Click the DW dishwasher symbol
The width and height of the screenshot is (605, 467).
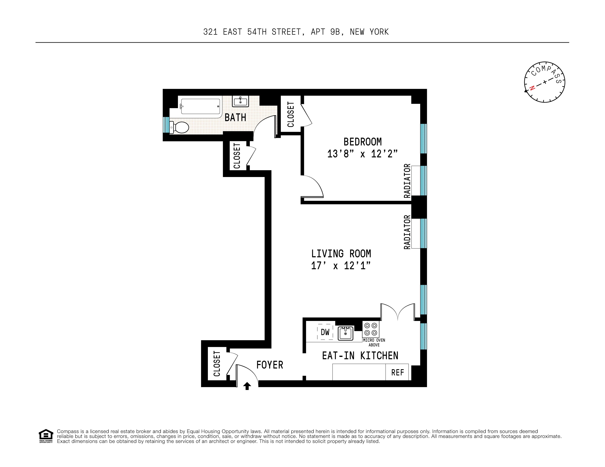[x=325, y=332]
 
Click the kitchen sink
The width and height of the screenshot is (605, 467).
[x=345, y=333]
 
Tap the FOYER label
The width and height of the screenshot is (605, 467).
[x=270, y=365]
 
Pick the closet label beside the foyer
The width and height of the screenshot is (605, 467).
[x=217, y=364]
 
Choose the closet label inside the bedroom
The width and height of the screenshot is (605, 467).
[x=291, y=114]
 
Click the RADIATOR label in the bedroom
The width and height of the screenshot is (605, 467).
[x=407, y=181]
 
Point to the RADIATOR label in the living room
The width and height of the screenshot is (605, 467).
[x=407, y=232]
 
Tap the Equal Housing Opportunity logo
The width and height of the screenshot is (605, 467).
[x=46, y=436]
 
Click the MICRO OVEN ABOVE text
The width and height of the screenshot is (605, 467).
[x=374, y=342]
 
